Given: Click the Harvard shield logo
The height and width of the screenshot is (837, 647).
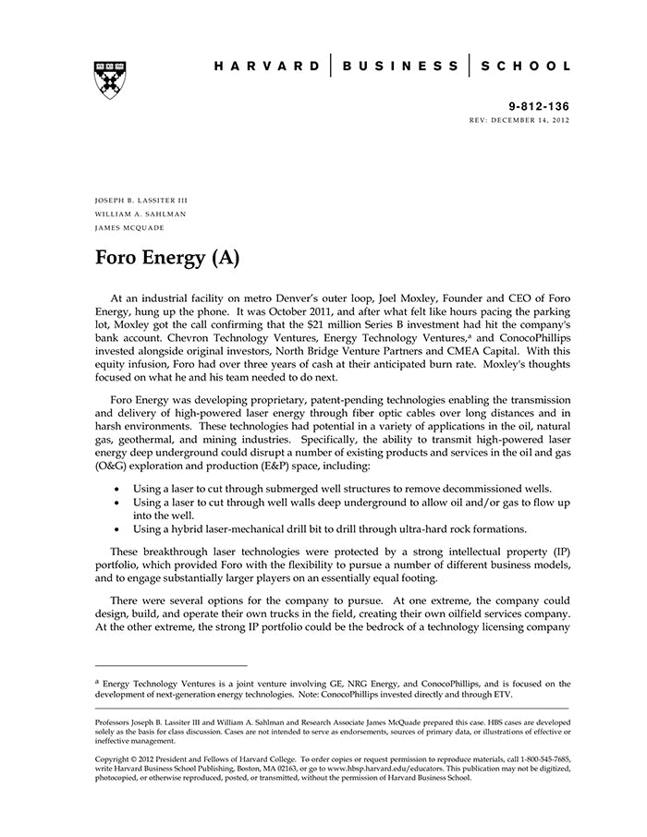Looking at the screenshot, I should click(x=110, y=78).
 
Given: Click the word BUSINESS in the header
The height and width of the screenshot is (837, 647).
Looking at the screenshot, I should click(x=399, y=67).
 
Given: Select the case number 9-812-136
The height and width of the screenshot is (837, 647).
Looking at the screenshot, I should click(x=540, y=107).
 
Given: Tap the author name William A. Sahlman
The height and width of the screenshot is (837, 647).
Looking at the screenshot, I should click(x=140, y=213).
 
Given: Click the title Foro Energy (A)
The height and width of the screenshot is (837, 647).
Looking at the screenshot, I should click(x=167, y=257).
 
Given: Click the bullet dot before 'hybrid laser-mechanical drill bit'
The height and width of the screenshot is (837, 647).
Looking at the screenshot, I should click(x=116, y=529).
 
